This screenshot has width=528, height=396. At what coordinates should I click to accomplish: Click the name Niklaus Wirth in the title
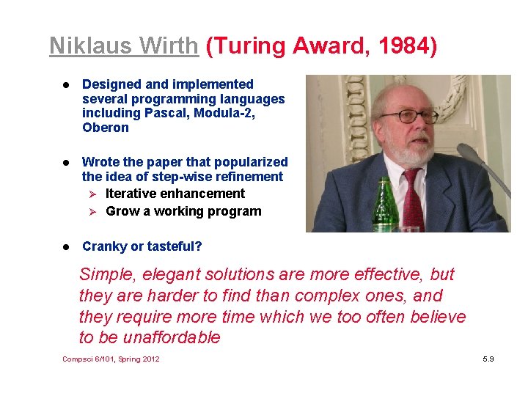point(123,46)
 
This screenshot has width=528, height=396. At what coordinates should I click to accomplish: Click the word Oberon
point(105,128)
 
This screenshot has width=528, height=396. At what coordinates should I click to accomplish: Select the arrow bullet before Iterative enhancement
point(93,194)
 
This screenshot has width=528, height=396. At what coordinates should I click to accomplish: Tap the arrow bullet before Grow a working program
point(93,211)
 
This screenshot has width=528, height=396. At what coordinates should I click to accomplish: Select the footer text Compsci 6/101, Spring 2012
point(111,359)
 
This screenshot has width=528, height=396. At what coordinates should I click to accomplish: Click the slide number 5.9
point(488,359)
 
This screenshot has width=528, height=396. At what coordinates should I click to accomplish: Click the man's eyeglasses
point(408,116)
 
